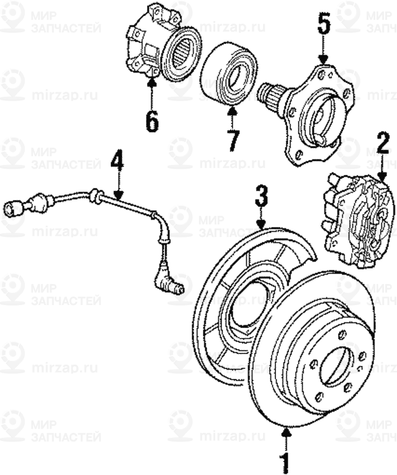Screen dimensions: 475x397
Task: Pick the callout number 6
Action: pyautogui.click(x=152, y=120)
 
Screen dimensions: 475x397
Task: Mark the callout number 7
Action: pyautogui.click(x=232, y=139)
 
